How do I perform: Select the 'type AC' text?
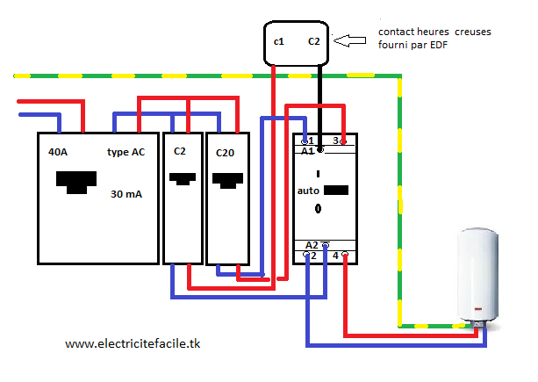126,152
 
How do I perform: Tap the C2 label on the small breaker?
180,151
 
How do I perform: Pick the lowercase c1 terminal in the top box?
279,41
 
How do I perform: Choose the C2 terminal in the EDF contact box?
314,41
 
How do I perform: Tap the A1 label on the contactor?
307,151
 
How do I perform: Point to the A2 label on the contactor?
312,244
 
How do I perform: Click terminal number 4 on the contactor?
336,256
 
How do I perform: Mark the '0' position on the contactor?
319,209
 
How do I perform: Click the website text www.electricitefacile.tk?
133,344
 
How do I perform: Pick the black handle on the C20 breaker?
228,181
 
